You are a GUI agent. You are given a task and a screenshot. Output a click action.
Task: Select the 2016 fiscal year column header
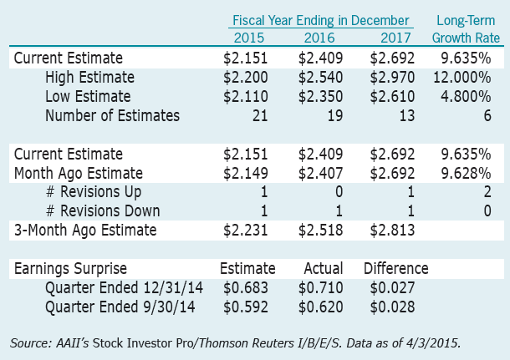(x=322, y=38)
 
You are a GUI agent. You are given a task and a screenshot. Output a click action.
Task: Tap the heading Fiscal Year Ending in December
(x=322, y=20)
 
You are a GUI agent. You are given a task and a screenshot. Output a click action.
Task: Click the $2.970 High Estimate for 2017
(x=393, y=78)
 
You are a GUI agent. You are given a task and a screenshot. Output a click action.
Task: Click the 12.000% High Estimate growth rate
(x=469, y=78)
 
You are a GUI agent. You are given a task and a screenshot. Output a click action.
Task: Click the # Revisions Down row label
(x=103, y=211)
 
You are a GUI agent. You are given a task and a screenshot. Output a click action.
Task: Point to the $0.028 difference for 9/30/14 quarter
(x=393, y=307)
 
